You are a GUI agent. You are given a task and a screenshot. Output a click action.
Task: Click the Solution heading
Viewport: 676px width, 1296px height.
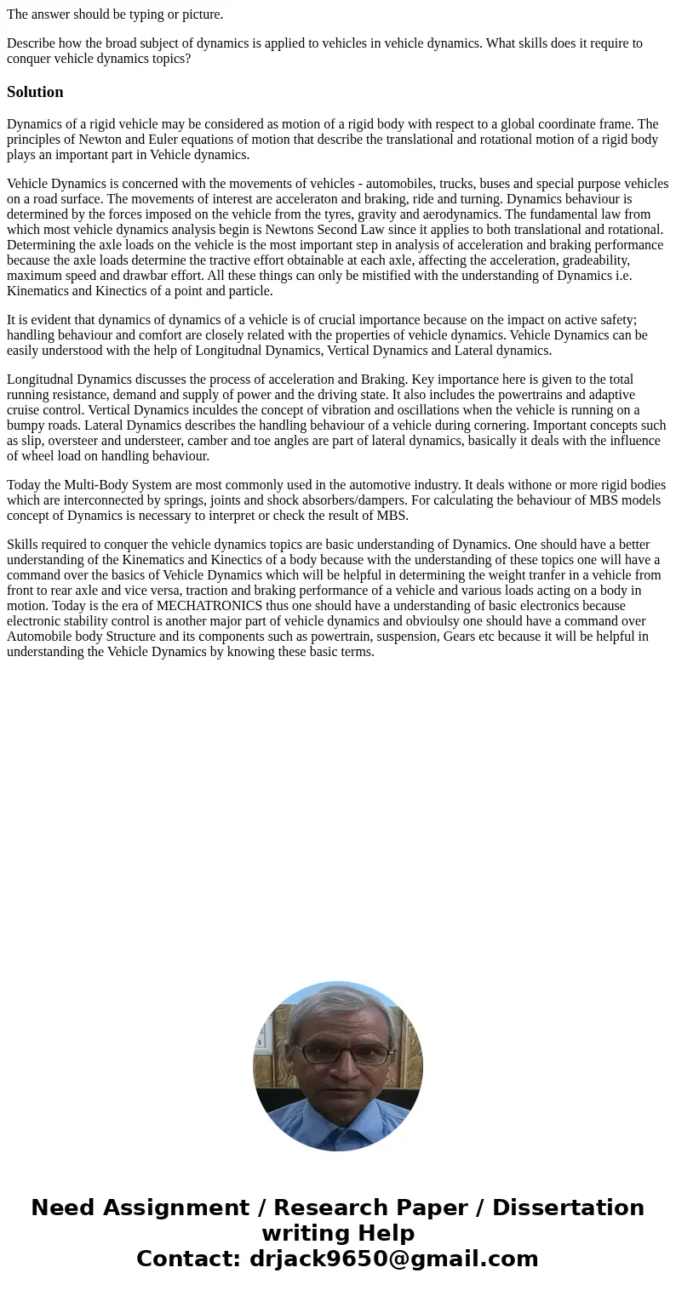pyautogui.click(x=35, y=92)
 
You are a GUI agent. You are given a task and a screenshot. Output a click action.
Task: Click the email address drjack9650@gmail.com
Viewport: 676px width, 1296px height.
pyautogui.click(x=393, y=1259)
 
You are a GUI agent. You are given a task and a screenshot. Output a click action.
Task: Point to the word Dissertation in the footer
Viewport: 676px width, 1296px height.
pyautogui.click(x=568, y=1208)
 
